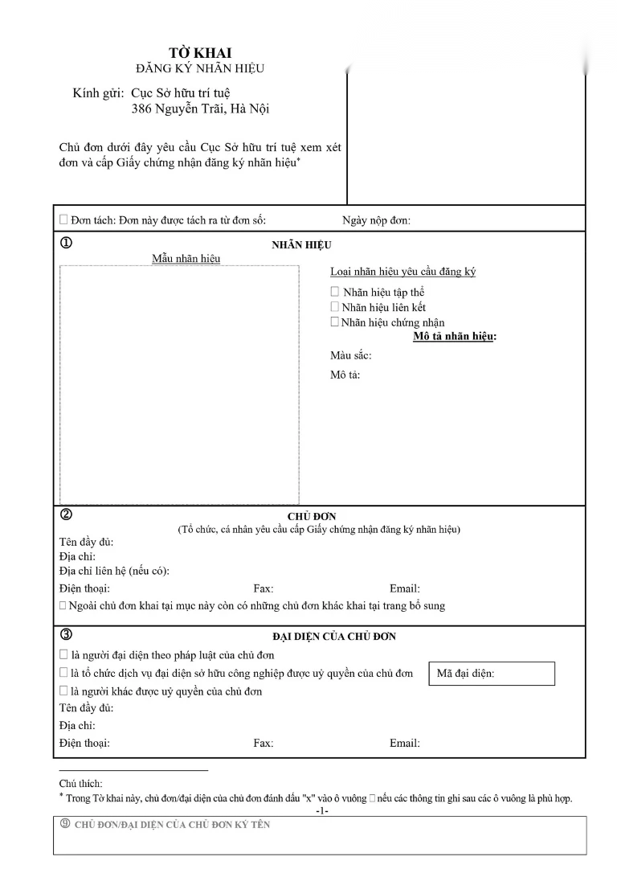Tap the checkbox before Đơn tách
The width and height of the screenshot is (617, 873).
(63, 219)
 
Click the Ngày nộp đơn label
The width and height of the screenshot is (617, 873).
(376, 220)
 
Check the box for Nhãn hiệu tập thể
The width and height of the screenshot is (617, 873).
(335, 292)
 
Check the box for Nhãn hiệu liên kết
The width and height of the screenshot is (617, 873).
(335, 306)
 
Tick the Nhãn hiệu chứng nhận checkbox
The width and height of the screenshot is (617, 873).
(335, 322)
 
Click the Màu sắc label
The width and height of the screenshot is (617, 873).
(350, 355)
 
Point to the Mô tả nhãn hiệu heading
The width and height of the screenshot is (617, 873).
(455, 336)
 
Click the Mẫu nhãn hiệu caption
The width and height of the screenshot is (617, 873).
(186, 259)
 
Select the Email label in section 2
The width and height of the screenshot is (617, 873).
(404, 588)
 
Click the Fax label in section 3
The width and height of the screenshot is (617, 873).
(263, 743)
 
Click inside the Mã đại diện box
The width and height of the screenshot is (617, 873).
(492, 674)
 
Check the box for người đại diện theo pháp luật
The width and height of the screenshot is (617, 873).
(63, 655)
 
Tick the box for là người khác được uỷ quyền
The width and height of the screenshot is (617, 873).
(63, 691)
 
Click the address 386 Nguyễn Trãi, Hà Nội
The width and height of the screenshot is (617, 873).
(201, 109)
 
